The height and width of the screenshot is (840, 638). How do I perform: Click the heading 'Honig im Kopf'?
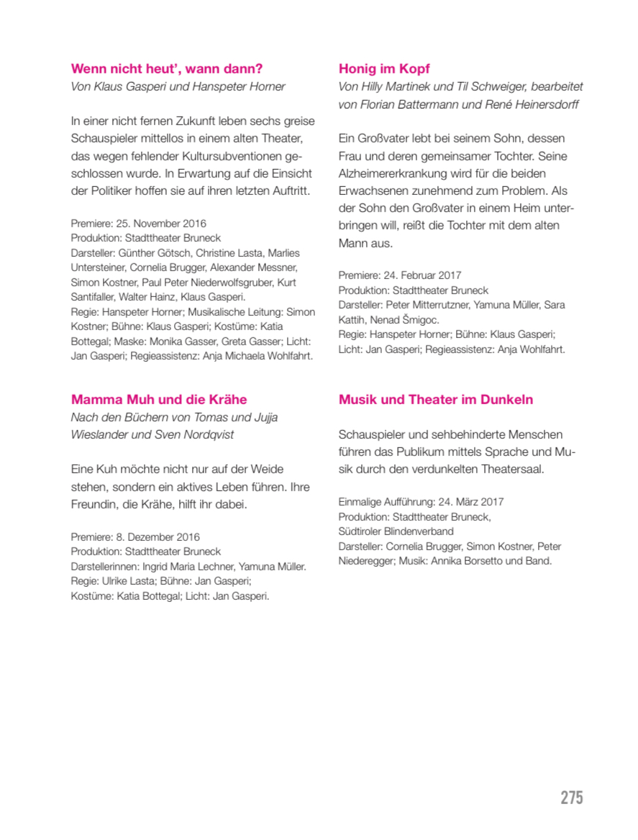[384, 69]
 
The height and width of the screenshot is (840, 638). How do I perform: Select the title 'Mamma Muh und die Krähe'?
[159, 400]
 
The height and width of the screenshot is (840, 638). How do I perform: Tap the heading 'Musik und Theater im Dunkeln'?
[436, 400]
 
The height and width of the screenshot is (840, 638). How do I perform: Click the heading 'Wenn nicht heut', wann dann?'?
[167, 69]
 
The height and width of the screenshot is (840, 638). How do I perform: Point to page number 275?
[572, 798]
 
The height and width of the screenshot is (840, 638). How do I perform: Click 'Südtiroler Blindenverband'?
[396, 531]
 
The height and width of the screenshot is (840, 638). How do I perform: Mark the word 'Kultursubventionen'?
[231, 156]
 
